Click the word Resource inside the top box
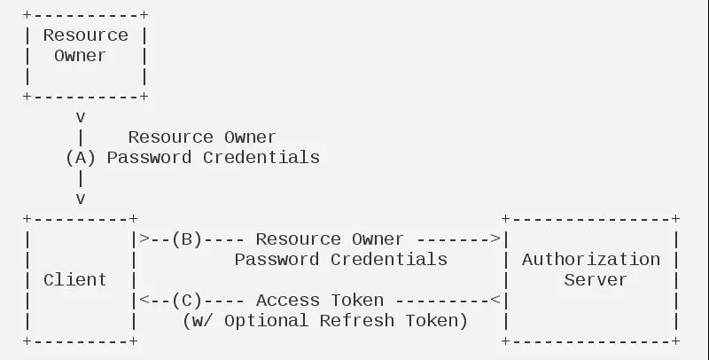(85, 35)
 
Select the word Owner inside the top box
(80, 56)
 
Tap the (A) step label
(81, 158)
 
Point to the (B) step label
(187, 239)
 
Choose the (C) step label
(187, 301)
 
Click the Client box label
(75, 280)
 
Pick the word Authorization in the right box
(591, 260)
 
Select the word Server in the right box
(596, 280)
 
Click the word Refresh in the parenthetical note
(357, 321)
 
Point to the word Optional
(266, 321)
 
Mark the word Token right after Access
(357, 301)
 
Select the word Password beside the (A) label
(149, 158)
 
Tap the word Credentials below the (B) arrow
(389, 260)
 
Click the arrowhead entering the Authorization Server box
(495, 239)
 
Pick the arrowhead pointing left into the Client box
(144, 300)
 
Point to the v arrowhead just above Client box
(81, 199)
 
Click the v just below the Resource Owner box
(81, 118)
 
